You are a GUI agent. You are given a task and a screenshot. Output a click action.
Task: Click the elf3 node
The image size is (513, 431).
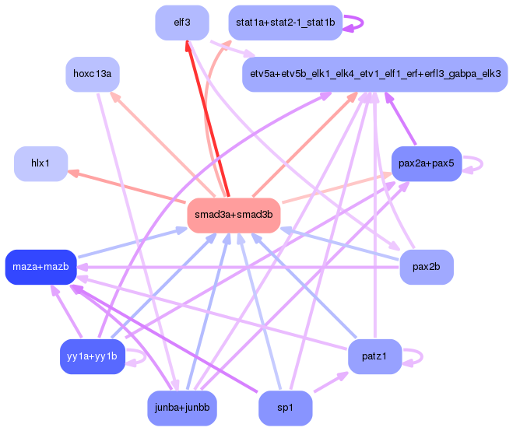pos(182,23)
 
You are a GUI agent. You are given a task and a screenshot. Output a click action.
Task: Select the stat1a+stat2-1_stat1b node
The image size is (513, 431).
pos(285,23)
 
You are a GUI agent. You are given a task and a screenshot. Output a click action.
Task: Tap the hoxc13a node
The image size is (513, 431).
pos(93,75)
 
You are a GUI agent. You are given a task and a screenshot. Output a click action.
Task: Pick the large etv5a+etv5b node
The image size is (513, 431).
pos(374,75)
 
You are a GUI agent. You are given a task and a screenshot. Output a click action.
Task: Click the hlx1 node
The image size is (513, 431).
pos(40,163)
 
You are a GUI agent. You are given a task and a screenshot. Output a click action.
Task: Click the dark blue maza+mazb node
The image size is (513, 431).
pos(40,268)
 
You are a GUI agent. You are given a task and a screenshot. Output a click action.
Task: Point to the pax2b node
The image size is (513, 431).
pos(426,268)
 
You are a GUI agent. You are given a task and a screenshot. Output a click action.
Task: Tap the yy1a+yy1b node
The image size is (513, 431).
pos(93,356)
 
